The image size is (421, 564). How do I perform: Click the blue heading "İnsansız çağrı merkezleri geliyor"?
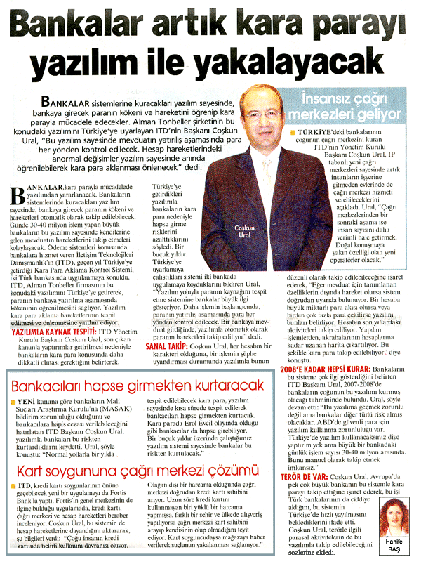(347, 106)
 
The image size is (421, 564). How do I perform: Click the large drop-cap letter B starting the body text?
(15, 192)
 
